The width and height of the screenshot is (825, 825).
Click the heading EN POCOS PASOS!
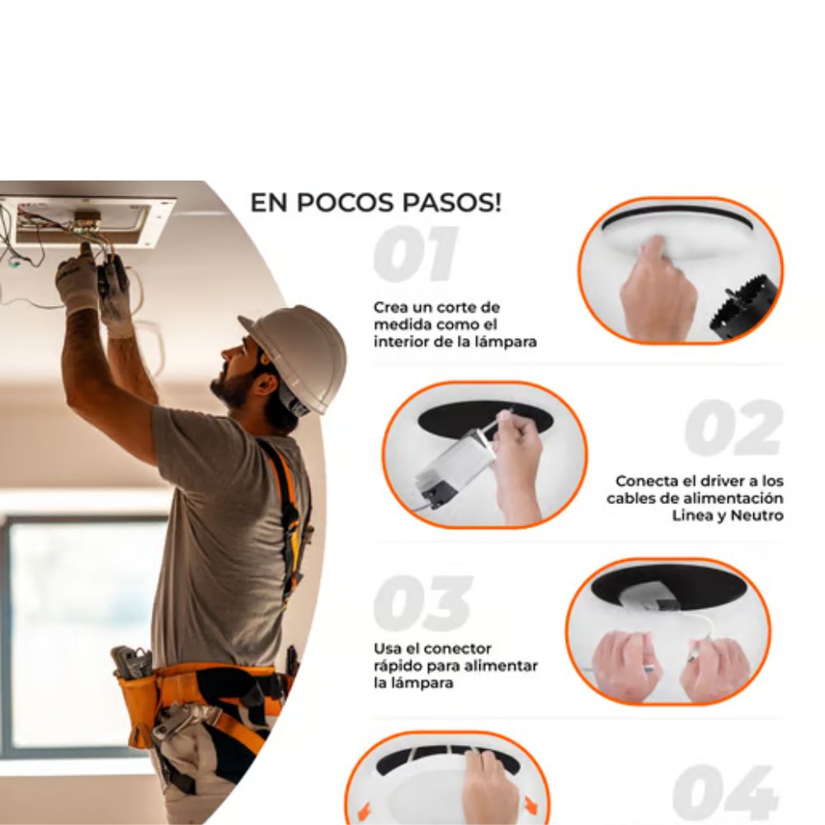[x=375, y=203]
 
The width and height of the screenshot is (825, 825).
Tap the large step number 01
[x=416, y=254]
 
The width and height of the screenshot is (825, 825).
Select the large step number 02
[x=733, y=427]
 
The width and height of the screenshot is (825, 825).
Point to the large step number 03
[x=423, y=602]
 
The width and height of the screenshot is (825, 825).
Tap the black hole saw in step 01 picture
[x=744, y=308]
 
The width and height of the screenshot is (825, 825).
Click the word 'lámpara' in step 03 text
[x=413, y=683]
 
